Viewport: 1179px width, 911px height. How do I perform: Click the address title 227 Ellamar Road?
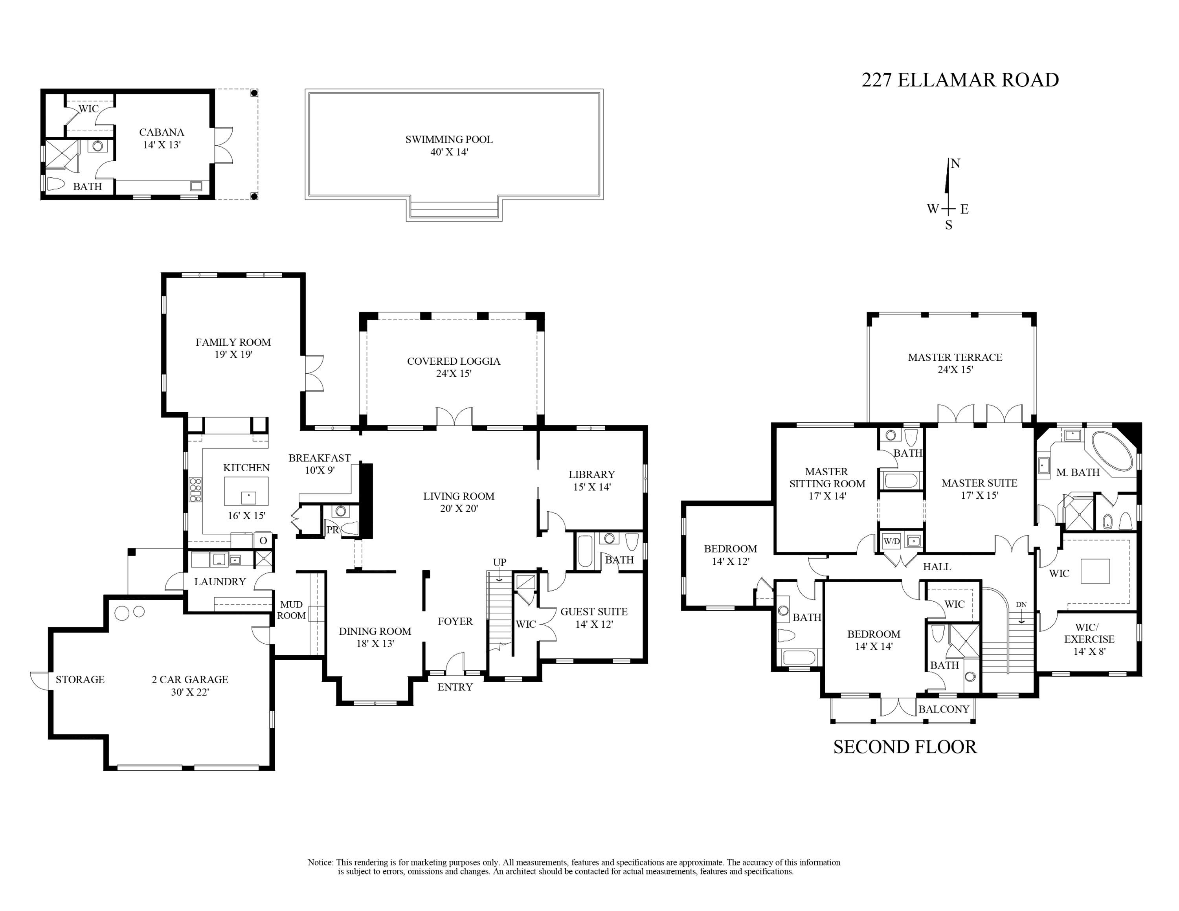pyautogui.click(x=960, y=80)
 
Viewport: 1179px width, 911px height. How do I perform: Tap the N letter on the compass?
pyautogui.click(x=955, y=163)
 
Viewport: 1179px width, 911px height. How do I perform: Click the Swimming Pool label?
pyautogui.click(x=449, y=139)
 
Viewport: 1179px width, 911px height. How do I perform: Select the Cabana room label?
pyautogui.click(x=162, y=132)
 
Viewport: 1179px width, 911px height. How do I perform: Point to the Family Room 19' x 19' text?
pyautogui.click(x=233, y=348)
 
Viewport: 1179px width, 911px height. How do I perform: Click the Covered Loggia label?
pyautogui.click(x=454, y=361)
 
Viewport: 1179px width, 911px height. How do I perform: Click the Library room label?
pyautogui.click(x=591, y=474)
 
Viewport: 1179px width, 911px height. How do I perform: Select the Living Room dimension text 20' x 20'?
pyautogui.click(x=459, y=509)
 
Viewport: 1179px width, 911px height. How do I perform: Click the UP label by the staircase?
pyautogui.click(x=500, y=562)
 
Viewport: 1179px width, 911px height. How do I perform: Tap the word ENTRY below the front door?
pyautogui.click(x=455, y=687)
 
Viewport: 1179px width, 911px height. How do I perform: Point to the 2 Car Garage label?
pyautogui.click(x=190, y=680)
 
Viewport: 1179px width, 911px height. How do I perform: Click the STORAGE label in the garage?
pyautogui.click(x=80, y=680)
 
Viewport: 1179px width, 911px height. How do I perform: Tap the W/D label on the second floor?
pyautogui.click(x=891, y=541)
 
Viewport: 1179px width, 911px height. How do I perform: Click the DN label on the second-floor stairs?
pyautogui.click(x=1021, y=604)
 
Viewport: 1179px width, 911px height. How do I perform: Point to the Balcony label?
pyautogui.click(x=944, y=709)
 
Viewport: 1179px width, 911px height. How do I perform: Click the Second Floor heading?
pyautogui.click(x=905, y=747)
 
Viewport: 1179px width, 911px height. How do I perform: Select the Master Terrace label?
pyautogui.click(x=955, y=357)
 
